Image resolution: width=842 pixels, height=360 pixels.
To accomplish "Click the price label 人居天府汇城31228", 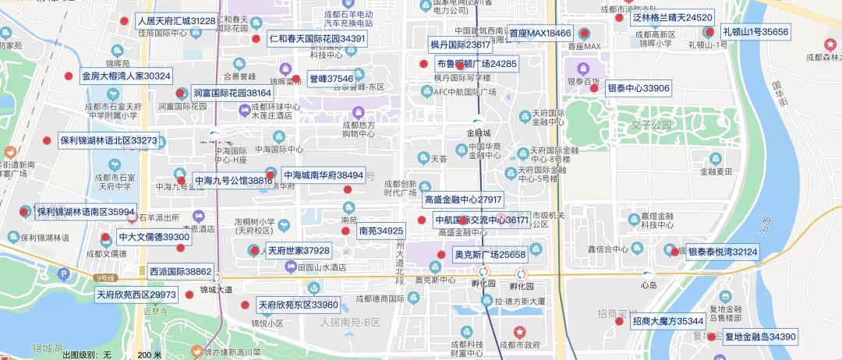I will (176, 20).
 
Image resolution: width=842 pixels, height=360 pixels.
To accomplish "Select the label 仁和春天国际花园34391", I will (317, 38).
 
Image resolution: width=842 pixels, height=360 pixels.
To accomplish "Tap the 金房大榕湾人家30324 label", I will (126, 76).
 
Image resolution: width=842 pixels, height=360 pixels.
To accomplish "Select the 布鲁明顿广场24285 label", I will (476, 64).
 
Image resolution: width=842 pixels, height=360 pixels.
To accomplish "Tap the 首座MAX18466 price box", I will (540, 34).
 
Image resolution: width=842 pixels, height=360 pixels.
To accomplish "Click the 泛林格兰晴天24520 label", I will (672, 17).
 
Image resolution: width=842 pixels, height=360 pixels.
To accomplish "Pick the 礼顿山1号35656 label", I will (755, 32).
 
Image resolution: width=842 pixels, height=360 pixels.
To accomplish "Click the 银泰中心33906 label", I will (639, 88).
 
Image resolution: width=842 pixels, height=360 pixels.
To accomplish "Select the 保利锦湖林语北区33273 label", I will (108, 141).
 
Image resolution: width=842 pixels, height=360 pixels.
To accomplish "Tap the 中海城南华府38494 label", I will (324, 175).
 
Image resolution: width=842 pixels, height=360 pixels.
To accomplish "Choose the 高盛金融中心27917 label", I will (463, 200).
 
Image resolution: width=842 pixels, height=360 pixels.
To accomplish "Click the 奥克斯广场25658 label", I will (490, 255).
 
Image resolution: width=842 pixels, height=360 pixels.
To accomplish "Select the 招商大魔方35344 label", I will (668, 321).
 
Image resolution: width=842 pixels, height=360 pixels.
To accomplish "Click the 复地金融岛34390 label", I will (760, 337).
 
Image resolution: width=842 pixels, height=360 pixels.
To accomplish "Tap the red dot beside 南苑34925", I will (345, 231).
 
